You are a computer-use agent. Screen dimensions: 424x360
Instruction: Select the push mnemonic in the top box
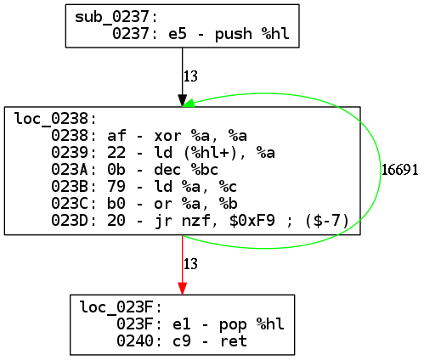coord(234,34)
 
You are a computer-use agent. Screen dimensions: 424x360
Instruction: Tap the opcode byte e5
coord(178,34)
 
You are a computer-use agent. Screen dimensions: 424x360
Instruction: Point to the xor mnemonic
coord(167,136)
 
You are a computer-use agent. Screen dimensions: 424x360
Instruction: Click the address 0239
coord(70,153)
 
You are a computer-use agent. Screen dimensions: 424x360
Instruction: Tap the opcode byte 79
coord(116,187)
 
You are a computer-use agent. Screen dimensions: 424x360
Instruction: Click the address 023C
coord(70,204)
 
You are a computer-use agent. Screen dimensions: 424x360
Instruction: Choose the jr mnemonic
coord(163,221)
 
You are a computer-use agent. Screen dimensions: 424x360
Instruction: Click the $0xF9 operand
coord(252,221)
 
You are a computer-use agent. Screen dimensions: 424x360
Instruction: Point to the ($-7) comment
coord(326,221)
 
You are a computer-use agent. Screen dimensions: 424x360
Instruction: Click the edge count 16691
coord(399,170)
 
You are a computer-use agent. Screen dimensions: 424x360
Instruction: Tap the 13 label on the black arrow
coord(190,76)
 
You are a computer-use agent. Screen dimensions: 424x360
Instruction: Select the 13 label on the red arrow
coord(190,264)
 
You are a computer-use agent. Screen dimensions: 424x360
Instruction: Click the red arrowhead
coord(183,289)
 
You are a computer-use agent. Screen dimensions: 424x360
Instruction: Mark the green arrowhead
coord(189,104)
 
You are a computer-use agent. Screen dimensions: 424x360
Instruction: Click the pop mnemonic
coord(233,324)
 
